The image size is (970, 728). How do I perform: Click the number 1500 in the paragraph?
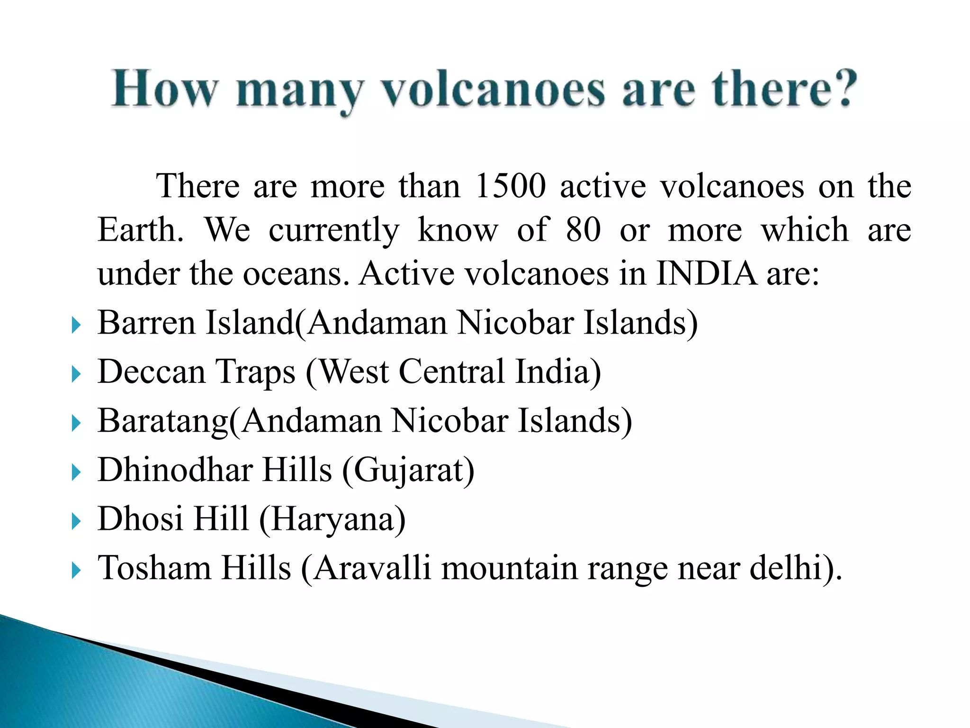pos(510,186)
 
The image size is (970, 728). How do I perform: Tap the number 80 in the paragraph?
pos(583,230)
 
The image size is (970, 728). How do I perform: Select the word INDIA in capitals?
pos(706,274)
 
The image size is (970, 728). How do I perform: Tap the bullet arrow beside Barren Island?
pos(76,326)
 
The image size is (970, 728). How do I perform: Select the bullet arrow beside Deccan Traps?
pos(76,374)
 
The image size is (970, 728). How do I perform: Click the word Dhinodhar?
pos(175,470)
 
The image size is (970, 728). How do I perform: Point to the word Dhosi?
pos(140,519)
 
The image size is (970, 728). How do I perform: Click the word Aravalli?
pos(372,568)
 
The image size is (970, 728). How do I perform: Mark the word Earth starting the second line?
pos(140,230)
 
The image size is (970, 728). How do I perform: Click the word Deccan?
pos(152,372)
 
